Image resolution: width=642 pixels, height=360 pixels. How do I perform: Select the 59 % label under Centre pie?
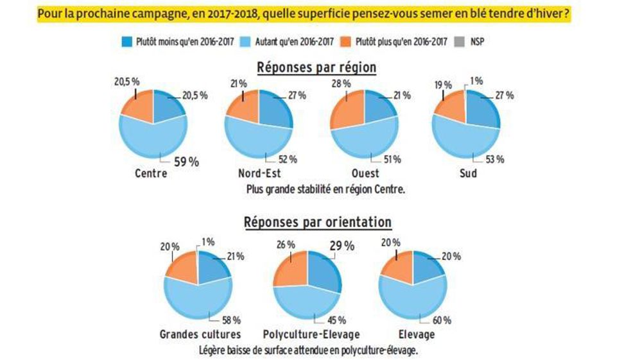click(186, 162)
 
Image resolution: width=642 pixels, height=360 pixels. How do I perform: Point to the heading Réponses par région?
click(317, 67)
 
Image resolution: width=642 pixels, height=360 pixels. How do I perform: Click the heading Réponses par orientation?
click(317, 222)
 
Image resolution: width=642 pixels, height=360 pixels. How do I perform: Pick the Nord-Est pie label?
click(259, 173)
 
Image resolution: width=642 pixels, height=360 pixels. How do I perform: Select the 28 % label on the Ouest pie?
click(341, 83)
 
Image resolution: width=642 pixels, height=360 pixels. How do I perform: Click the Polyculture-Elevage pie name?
click(311, 334)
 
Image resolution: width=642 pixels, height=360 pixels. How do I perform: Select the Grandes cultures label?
click(200, 334)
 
